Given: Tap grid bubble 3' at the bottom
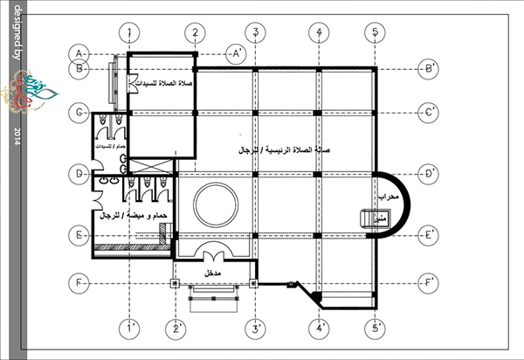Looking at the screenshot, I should [x=254, y=329].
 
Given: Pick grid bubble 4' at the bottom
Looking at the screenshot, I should [x=321, y=329].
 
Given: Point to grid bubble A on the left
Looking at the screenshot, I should [x=79, y=52].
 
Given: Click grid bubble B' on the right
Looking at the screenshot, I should [x=429, y=67].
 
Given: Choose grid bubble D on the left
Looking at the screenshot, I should [x=79, y=175].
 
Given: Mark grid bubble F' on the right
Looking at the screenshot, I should [x=429, y=283].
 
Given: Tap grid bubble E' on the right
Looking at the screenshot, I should [x=429, y=235].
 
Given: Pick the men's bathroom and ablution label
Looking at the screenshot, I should [x=133, y=215].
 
